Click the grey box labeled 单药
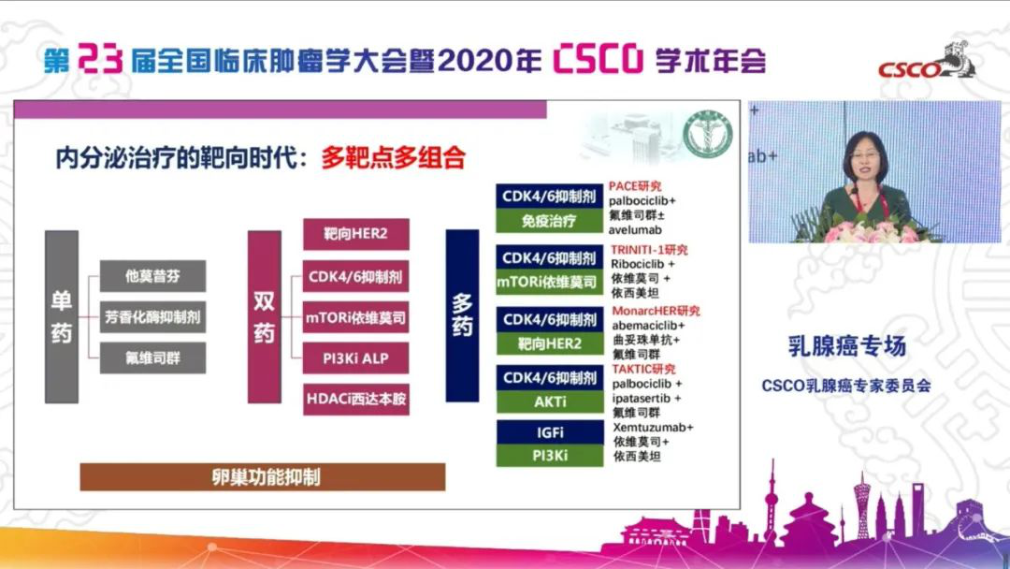click(x=61, y=316)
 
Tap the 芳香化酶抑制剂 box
click(x=152, y=316)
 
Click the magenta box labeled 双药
click(x=264, y=316)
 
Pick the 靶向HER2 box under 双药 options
click(x=355, y=234)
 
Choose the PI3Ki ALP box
click(x=355, y=357)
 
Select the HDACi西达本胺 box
click(x=355, y=399)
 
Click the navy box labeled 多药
click(x=463, y=316)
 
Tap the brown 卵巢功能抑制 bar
click(x=262, y=476)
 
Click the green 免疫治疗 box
click(x=549, y=222)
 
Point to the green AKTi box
click(x=549, y=401)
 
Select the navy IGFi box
click(x=549, y=432)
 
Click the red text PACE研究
click(x=635, y=186)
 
